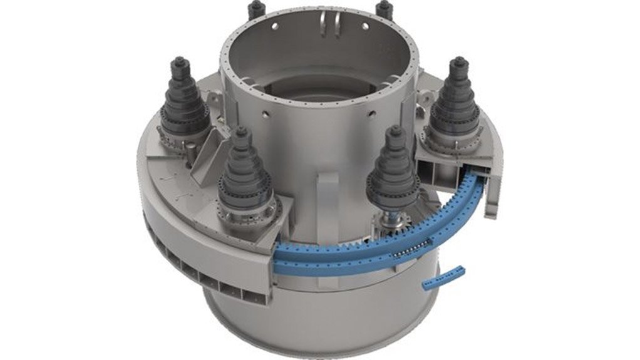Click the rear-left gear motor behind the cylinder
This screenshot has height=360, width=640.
pyautogui.click(x=254, y=9)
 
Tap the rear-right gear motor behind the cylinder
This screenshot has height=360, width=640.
pyautogui.click(x=384, y=9)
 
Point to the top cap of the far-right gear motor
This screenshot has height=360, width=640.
pyautogui.click(x=460, y=62)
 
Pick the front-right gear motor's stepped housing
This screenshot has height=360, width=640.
pyautogui.click(x=393, y=166)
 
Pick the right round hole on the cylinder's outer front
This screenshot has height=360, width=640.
pyautogui.click(x=372, y=113)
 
